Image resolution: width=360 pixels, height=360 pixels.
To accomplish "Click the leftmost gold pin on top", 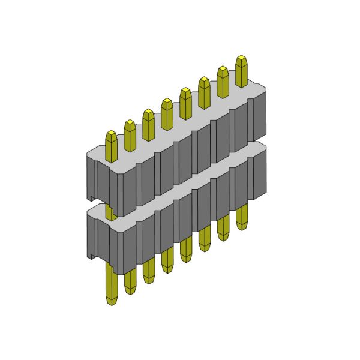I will pyautogui.click(x=112, y=146).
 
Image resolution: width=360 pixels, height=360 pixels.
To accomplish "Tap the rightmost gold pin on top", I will pyautogui.click(x=242, y=71).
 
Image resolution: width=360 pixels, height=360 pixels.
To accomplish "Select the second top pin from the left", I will pyautogui.click(x=130, y=136).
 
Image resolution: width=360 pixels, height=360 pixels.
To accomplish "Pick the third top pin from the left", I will pyautogui.click(x=148, y=124).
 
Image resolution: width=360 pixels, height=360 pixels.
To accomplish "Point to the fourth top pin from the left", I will pyautogui.click(x=167, y=113).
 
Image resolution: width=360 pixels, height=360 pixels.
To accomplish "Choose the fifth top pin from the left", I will pyautogui.click(x=185, y=103).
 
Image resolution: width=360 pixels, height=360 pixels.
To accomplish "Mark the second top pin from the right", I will pyautogui.click(x=223, y=81).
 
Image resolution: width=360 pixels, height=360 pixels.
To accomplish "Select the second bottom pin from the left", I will pyautogui.click(x=130, y=281).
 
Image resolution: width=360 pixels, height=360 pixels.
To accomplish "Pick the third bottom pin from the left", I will pyautogui.click(x=149, y=271).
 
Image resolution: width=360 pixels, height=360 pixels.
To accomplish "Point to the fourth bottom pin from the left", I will pyautogui.click(x=167, y=260).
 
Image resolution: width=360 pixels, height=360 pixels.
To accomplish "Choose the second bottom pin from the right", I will pyautogui.click(x=223, y=227).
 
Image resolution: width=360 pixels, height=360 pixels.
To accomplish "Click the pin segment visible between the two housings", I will pyautogui.click(x=110, y=211).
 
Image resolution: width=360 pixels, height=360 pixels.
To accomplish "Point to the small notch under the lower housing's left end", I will pyautogui.click(x=92, y=257).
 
